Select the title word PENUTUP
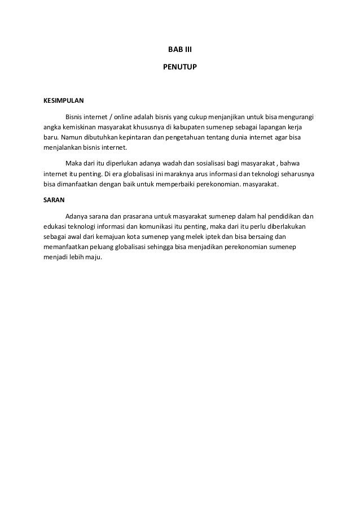point(179,67)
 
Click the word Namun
point(72,137)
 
